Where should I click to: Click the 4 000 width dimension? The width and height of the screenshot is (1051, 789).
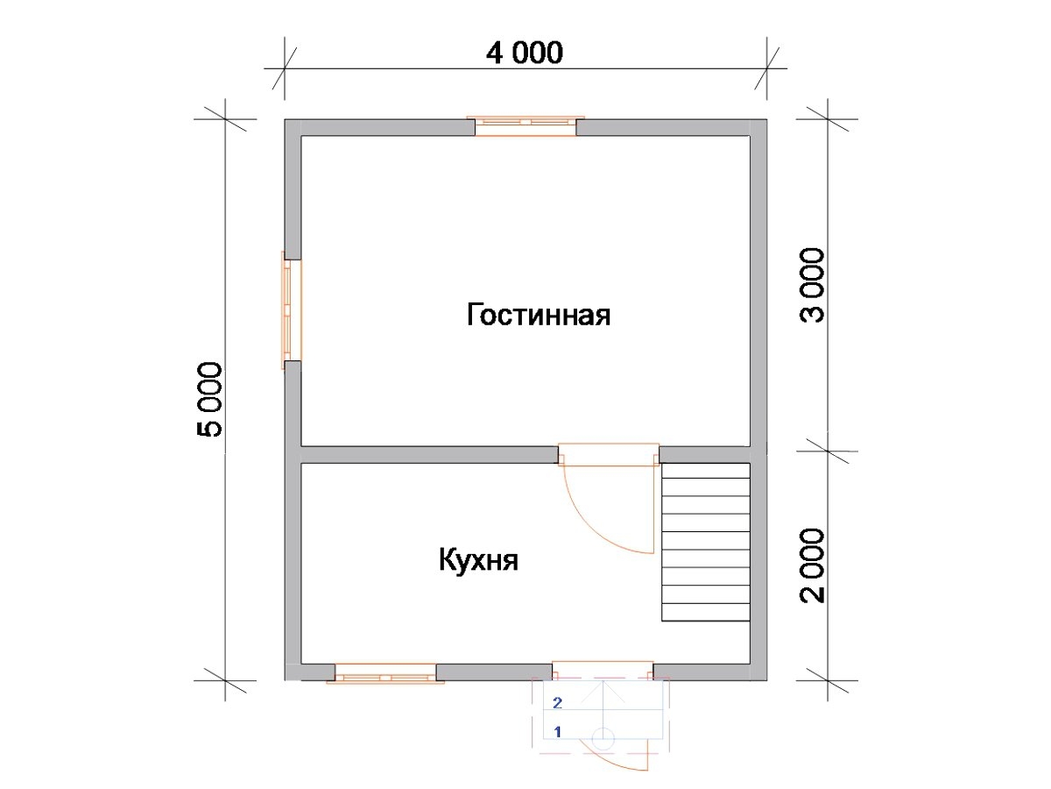pos(525,53)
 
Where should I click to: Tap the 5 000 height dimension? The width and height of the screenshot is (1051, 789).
pos(209,400)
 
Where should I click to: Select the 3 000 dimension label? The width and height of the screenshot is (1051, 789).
pos(812,285)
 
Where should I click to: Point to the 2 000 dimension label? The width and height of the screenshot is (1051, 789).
pos(812,565)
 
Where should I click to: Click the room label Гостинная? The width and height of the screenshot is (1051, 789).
pos(538,315)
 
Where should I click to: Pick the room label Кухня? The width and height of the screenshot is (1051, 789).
pos(478,560)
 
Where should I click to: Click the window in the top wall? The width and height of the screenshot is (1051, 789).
pos(525,126)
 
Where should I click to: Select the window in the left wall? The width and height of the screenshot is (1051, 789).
pos(292,310)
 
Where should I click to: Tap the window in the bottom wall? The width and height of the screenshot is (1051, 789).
pos(385,673)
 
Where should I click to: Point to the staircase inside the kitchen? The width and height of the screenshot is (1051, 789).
pos(705,542)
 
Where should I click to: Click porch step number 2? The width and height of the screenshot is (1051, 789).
pos(557,703)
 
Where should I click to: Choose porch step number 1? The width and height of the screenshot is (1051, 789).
pos(557,731)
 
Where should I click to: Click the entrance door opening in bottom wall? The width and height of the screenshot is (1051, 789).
pos(603,672)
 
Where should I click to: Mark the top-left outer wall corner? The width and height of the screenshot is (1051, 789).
pos(285,119)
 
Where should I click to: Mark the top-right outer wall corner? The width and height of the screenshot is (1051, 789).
pos(766,119)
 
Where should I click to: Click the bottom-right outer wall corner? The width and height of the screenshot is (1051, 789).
pos(766,680)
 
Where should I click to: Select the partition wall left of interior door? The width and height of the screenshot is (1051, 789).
pos(429,455)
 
